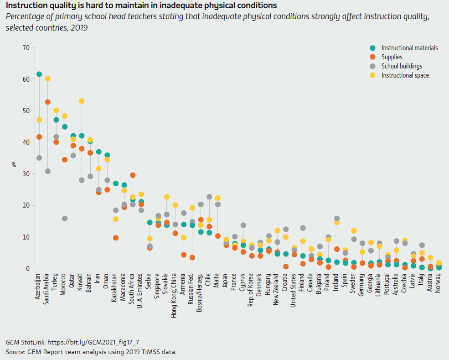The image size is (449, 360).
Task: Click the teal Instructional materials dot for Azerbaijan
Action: tap(39, 74)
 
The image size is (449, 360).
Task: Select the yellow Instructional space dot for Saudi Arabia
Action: tap(47, 79)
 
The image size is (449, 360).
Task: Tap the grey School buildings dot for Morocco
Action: tap(65, 219)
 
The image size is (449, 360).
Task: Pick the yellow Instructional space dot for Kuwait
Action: tap(82, 101)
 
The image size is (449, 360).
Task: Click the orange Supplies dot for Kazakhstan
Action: tap(116, 238)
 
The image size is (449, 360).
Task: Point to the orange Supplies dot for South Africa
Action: tap(133, 175)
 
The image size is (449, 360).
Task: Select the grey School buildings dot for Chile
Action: tap(209, 197)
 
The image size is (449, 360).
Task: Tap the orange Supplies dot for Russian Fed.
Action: tap(192, 257)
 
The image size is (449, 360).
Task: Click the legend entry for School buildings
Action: tap(402, 66)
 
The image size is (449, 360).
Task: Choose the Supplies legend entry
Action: tap(392, 57)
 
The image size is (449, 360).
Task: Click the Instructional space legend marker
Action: tap(372, 75)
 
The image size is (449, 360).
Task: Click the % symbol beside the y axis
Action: tap(14, 165)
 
